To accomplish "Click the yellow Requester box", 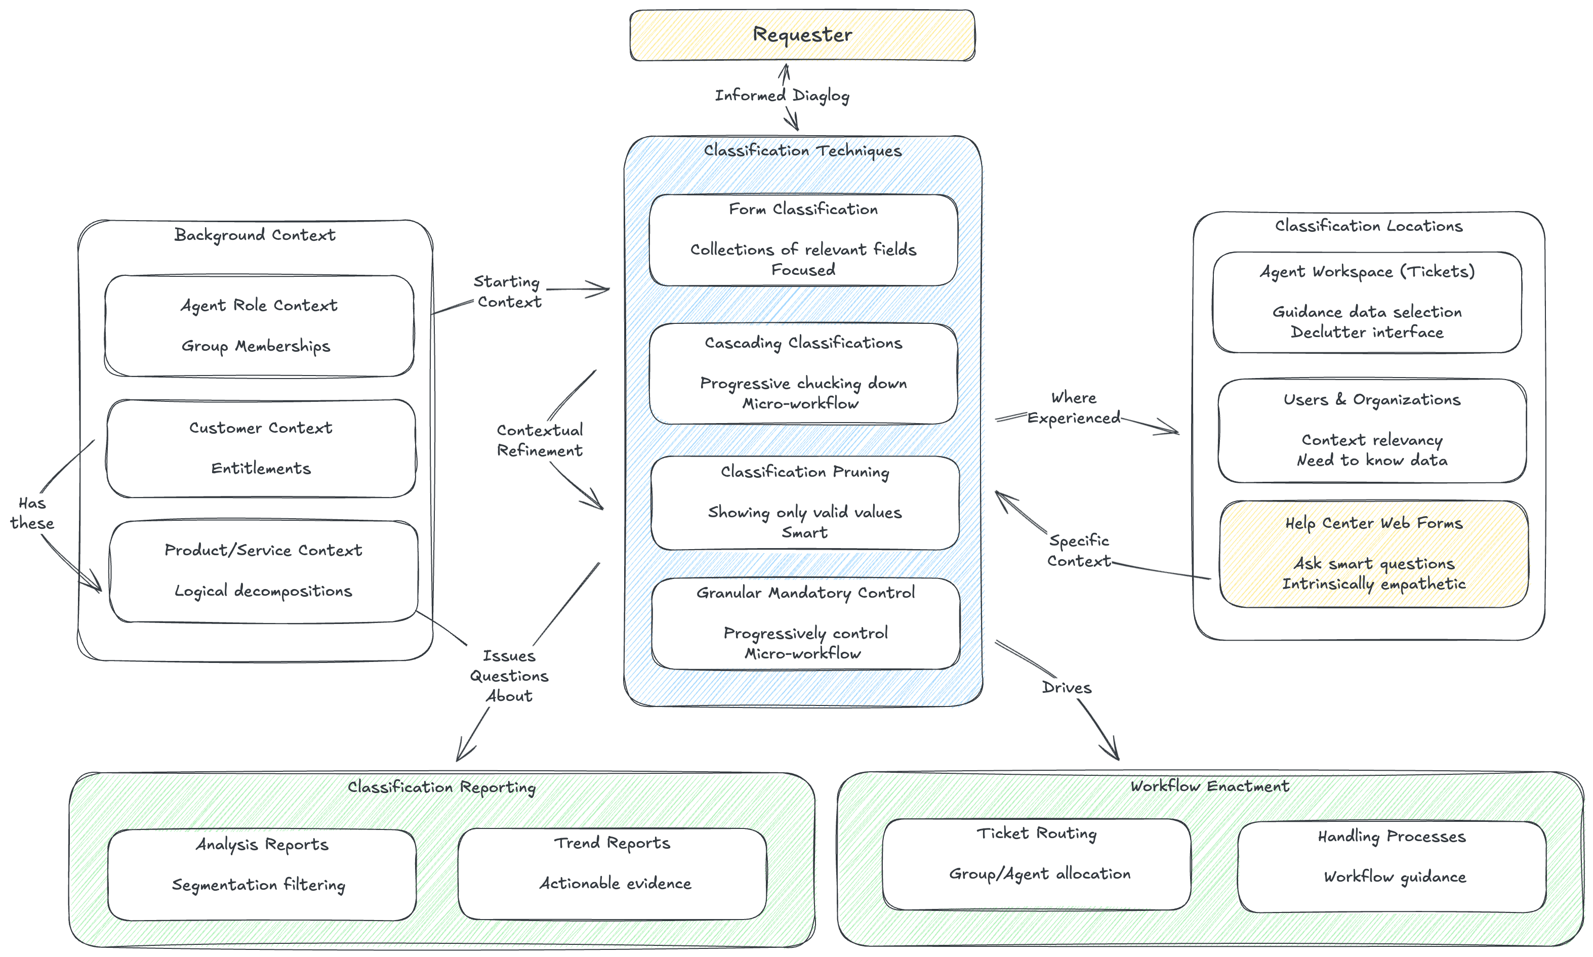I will click(802, 35).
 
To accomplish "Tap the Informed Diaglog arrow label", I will click(782, 96).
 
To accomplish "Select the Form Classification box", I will click(803, 240).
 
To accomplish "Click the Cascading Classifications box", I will click(803, 373).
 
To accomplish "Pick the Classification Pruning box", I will click(804, 503).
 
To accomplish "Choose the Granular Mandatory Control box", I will click(805, 623).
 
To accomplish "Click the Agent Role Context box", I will click(259, 326).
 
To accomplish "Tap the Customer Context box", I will click(261, 448).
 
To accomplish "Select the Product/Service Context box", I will click(263, 571).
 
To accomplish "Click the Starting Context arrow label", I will click(508, 292).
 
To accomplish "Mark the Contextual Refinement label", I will click(539, 440).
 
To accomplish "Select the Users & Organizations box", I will click(1372, 430).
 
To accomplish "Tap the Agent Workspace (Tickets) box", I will click(1367, 302).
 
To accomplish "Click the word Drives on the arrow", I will click(1066, 687).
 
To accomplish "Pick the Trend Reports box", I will click(612, 874).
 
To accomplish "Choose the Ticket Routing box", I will click(1036, 864).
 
